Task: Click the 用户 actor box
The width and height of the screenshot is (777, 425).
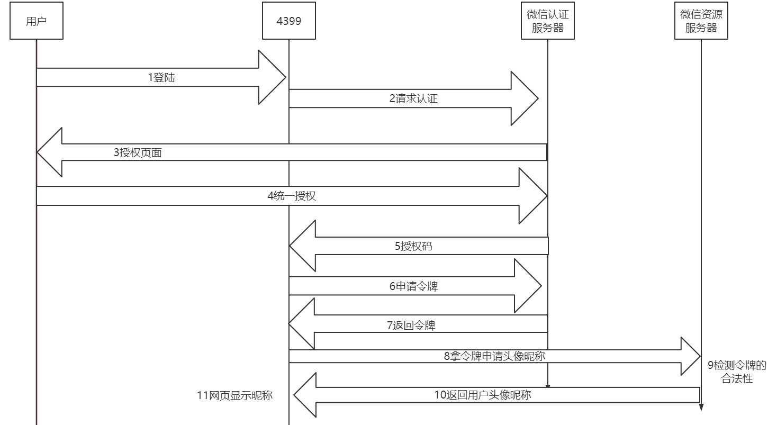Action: tap(37, 21)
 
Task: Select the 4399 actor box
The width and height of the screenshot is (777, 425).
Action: tap(289, 21)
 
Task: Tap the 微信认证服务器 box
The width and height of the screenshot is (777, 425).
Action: tap(548, 21)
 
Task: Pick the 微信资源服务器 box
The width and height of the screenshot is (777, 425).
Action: tap(701, 21)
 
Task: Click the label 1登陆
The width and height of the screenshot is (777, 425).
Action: tap(161, 78)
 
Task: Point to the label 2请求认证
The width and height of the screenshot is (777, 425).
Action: tap(413, 98)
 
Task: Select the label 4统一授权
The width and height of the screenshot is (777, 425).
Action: tap(291, 196)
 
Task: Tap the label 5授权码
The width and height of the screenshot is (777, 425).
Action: tap(413, 246)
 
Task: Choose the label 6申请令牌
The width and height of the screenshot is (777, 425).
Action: tap(413, 286)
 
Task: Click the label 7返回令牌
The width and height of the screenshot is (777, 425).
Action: tap(411, 325)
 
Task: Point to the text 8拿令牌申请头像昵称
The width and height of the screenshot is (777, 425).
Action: tap(494, 356)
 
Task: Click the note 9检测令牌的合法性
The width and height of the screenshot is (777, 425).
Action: tap(737, 372)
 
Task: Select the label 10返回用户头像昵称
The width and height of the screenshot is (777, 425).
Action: tap(483, 394)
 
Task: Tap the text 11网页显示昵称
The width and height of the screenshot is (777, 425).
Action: tap(234, 395)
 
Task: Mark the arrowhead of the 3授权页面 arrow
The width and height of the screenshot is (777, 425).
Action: tap(50, 152)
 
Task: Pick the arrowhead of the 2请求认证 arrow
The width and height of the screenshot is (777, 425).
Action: tap(524, 98)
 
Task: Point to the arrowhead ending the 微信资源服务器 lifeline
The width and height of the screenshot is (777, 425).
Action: tap(701, 406)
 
